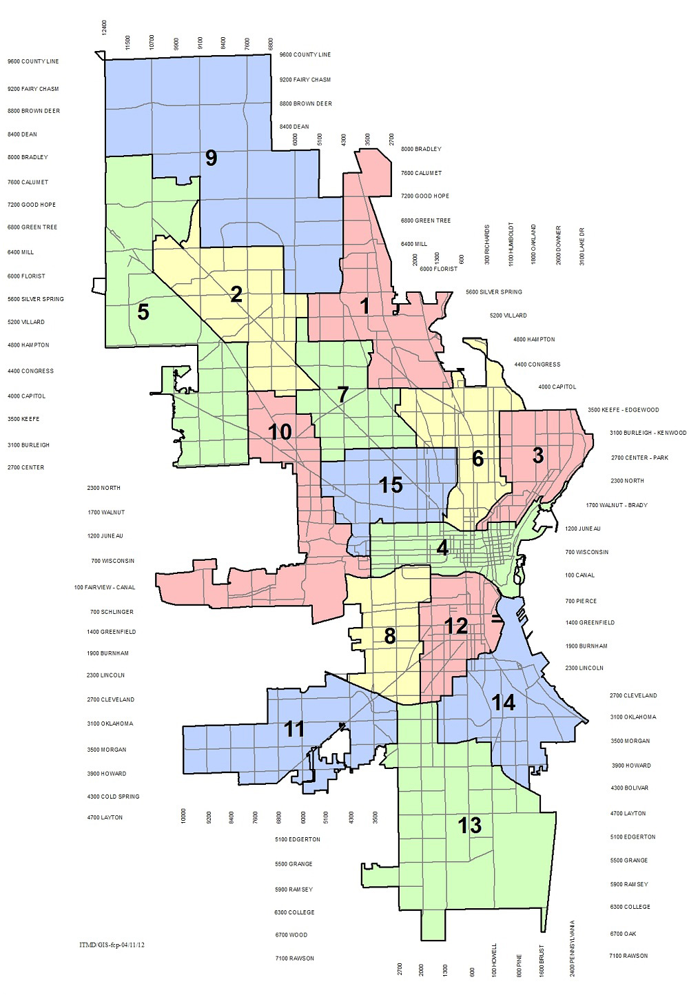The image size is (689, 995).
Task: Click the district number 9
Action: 212,158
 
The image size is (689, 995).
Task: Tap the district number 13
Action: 470,825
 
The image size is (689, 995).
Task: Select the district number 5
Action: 143,312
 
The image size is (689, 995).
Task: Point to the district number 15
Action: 391,485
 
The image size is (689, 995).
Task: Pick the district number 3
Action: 538,455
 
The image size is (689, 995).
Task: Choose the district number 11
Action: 294,728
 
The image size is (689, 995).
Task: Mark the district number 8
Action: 390,636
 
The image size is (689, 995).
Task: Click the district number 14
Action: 504,703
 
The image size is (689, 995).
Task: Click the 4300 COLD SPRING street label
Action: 113,797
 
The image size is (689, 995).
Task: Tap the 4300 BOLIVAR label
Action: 629,788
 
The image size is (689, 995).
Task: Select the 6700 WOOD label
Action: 291,935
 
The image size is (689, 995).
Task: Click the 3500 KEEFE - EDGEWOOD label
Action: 623,410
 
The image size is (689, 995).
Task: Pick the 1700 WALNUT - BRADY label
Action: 617,505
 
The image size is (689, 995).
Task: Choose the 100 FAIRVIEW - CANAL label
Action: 105,588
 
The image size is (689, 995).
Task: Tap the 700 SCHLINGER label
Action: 112,612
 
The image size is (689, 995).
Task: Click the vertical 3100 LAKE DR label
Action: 582,246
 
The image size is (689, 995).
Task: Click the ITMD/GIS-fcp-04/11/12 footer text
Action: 112,945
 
